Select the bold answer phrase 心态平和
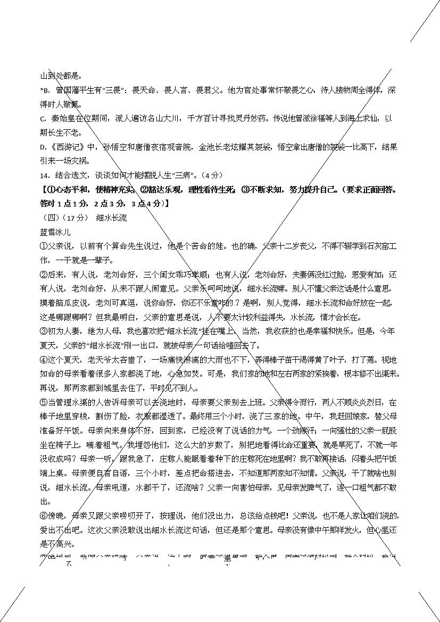pos(70,189)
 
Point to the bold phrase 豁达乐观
pos(164,189)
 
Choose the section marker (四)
pos(50,218)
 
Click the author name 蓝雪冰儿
pos(55,232)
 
